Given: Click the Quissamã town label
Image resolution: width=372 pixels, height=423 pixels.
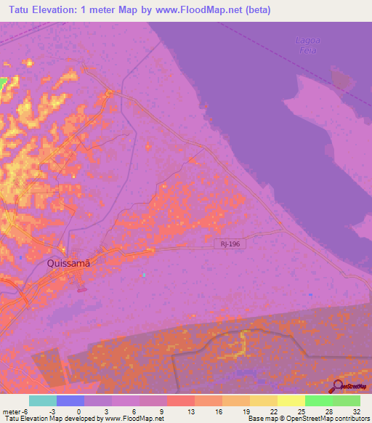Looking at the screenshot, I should pos(68,264).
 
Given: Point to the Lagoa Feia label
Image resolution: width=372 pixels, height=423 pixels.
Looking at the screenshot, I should pos(308,45).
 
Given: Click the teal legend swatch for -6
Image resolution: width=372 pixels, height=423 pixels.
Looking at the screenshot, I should pos(43,400).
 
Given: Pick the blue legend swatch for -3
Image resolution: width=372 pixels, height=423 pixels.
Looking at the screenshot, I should pos(70,400).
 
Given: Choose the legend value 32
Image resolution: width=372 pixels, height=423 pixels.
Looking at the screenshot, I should pos(356,411).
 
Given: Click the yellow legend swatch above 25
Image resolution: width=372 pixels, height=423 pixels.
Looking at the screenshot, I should pos(291,400).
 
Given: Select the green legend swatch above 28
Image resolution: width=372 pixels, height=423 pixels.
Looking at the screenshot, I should pos(319,400).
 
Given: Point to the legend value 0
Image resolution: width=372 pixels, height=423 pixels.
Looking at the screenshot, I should pos(78,411).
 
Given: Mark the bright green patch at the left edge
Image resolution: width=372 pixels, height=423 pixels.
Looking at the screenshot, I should pos(3,83).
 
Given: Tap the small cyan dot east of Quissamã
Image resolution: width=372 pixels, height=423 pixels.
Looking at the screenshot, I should pos(144,275).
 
